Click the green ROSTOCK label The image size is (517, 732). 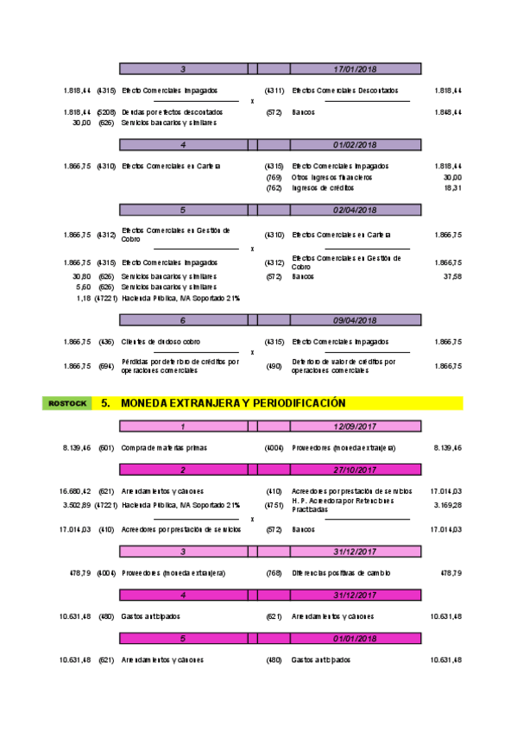pos(67,403)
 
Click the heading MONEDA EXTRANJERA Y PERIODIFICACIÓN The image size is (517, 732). pos(233,403)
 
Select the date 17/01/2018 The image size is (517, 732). pos(355,68)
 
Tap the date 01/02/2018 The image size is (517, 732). pos(355,144)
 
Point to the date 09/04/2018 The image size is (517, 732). pos(355,319)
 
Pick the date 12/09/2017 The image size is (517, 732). pos(355,426)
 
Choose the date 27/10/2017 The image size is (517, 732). pos(355,470)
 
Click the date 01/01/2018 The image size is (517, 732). pos(355,639)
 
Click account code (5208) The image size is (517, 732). pos(106,112)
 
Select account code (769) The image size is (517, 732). pos(274,176)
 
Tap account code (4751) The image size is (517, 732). pos(274,504)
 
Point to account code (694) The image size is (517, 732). pos(106,366)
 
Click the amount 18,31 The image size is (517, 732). pos(451,187)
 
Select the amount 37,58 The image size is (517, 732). pos(451,277)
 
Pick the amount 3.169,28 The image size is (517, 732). pos(446,504)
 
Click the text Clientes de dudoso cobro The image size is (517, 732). pos(162,342)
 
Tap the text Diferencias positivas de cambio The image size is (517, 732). pos(344,572)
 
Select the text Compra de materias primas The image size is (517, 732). pos(164,448)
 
